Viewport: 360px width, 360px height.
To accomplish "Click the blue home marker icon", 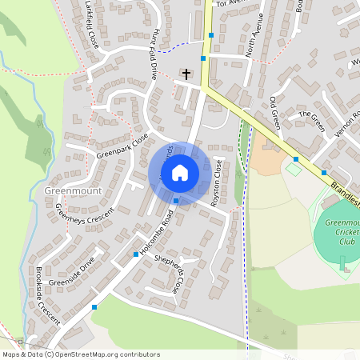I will [180, 173].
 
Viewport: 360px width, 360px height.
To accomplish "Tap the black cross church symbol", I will [186, 74].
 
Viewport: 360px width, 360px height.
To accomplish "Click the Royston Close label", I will [217, 184].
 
